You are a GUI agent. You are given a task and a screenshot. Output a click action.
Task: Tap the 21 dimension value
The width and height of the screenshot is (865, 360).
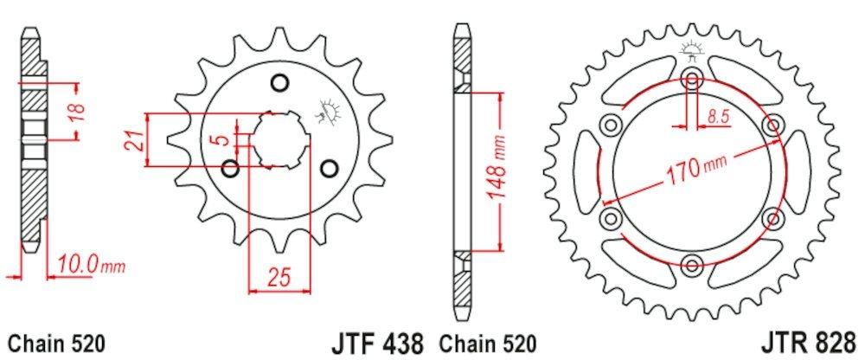point(134,139)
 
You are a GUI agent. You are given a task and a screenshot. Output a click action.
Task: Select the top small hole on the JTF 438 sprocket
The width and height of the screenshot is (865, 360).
point(279,83)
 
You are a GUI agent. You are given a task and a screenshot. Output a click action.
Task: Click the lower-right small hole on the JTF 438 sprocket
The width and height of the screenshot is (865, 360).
point(328,167)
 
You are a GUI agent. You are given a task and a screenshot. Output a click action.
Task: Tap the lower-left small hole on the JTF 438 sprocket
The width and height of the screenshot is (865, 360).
point(231,168)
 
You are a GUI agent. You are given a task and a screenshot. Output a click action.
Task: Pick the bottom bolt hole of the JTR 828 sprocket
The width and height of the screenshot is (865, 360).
point(692,264)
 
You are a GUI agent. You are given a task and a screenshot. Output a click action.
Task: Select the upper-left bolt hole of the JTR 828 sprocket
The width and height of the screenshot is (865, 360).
point(612,125)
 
